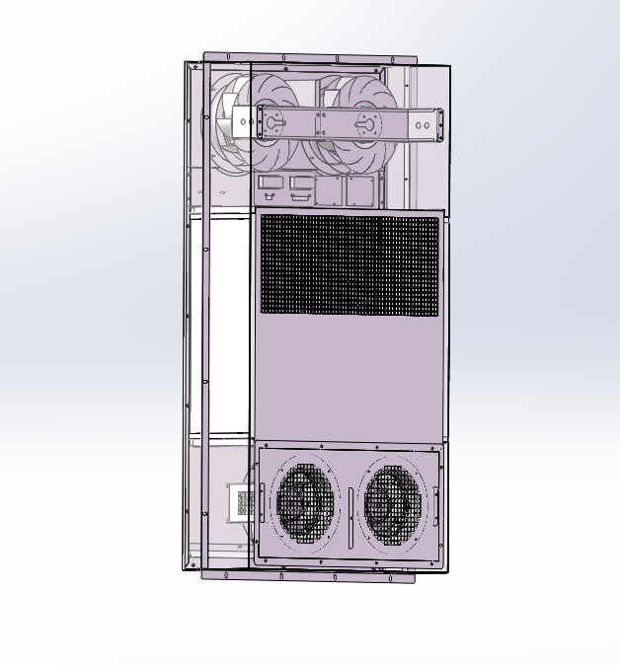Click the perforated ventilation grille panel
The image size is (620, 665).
coord(349,264)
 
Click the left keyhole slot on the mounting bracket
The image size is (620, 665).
coord(271,124)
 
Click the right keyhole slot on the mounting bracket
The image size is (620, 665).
coord(365,124)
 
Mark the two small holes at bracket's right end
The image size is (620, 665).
coord(423,125)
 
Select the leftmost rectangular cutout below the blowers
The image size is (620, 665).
coord(269,183)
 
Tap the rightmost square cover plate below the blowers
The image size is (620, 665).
coord(360,189)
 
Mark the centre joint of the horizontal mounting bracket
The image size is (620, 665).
coord(321,124)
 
